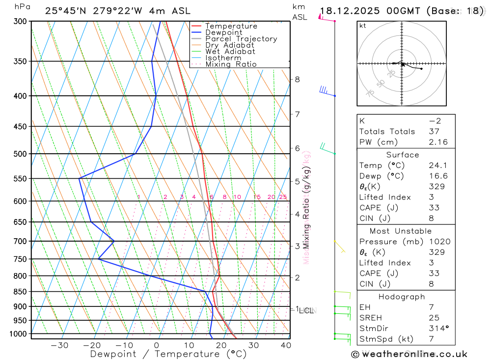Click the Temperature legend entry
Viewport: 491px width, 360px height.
[231, 26]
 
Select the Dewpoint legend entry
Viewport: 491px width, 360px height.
[223, 32]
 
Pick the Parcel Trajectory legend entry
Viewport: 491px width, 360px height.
[241, 39]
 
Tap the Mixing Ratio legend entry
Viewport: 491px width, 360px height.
[230, 64]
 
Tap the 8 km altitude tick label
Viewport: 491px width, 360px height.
[297, 79]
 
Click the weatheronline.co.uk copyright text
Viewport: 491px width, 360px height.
[409, 354]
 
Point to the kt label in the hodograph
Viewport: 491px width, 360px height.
[362, 26]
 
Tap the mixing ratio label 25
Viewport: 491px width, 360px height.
[283, 197]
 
